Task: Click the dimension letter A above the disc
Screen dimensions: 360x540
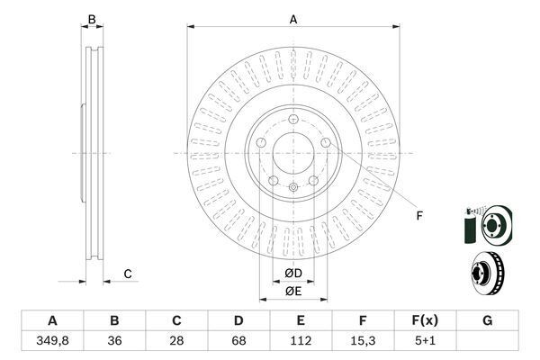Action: coord(292,18)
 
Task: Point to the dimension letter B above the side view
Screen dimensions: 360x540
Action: coord(90,18)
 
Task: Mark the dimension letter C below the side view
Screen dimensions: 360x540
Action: coord(128,274)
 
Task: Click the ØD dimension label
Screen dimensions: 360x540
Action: coord(292,274)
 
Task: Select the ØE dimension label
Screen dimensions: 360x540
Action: coord(292,291)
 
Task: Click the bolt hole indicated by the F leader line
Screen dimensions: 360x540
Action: coord(325,144)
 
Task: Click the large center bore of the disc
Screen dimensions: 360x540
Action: coord(292,154)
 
